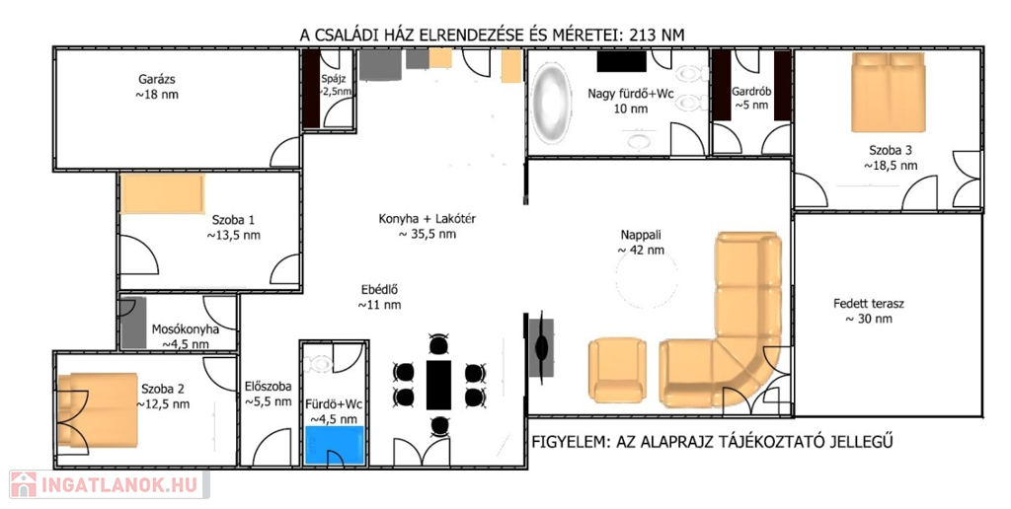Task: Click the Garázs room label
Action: (x=157, y=80)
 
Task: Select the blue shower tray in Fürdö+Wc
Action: (x=335, y=445)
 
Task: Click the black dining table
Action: (x=438, y=385)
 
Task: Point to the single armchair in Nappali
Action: (x=616, y=370)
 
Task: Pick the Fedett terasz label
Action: (x=868, y=304)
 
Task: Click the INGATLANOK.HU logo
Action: (x=109, y=484)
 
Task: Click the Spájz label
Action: (x=334, y=80)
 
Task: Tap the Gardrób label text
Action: (x=751, y=92)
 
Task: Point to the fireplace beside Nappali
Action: (x=540, y=347)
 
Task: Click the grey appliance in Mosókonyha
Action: (x=134, y=324)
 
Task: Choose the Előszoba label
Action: (x=269, y=387)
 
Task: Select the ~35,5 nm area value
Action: (x=427, y=235)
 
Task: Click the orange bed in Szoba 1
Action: (x=162, y=194)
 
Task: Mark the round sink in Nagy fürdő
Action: (x=638, y=141)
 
